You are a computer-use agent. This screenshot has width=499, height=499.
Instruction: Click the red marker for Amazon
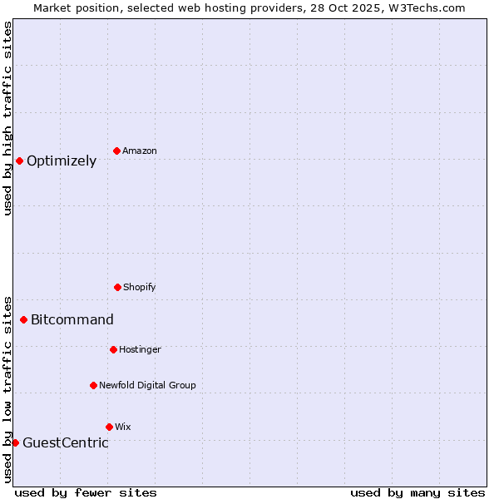117,151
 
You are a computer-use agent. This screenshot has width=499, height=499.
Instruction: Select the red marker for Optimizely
19,161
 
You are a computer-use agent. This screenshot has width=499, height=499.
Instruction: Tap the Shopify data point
117,287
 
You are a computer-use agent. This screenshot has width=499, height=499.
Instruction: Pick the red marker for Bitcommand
23,319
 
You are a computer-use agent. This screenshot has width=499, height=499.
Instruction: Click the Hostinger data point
113,349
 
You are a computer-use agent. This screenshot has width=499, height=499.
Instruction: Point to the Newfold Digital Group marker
93,385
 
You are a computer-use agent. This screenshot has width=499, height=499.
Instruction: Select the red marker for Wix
109,427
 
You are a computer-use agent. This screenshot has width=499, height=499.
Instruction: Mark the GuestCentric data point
15,442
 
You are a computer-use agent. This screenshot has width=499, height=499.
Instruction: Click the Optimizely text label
62,161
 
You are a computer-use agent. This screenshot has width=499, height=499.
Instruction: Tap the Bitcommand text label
72,320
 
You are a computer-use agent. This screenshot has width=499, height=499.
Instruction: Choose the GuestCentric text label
66,443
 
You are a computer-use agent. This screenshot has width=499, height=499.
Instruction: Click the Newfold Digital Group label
147,386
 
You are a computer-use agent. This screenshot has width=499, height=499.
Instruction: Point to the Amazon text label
140,151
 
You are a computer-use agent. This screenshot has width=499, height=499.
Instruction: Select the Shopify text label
140,288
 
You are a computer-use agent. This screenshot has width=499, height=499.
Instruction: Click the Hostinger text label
140,350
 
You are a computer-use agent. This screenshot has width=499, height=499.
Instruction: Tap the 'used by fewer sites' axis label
86,492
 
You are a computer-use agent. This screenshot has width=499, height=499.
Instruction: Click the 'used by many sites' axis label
417,492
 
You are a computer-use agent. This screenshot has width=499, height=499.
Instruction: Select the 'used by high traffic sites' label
7,118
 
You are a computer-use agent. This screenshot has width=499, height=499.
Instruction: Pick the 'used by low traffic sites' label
7,389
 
